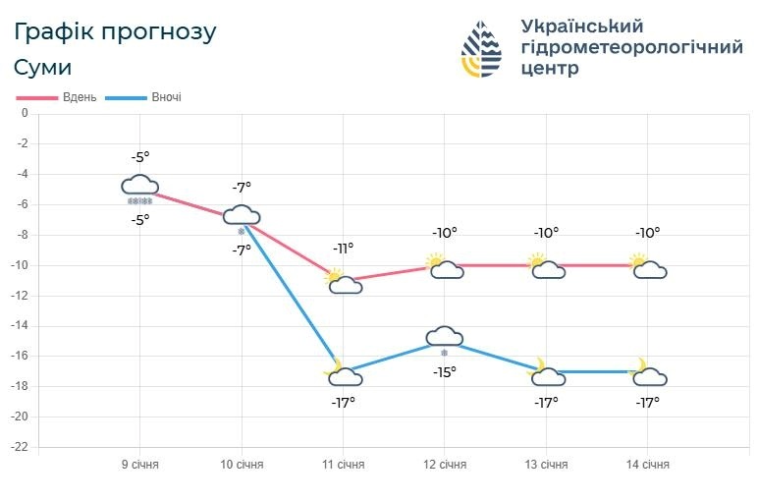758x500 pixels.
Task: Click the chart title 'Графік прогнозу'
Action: [115, 31]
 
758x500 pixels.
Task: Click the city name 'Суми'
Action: [43, 68]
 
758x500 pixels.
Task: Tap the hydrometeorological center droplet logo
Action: [482, 49]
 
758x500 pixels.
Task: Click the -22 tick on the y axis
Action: [21, 448]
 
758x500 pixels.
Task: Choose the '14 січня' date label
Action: [648, 465]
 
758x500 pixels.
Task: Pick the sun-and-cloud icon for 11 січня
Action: [343, 281]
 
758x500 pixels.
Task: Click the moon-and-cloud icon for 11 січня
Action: [343, 372]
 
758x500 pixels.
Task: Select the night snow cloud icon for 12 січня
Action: [444, 338]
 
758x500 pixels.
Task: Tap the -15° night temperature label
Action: [444, 372]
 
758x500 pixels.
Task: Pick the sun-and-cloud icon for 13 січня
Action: [546, 266]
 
